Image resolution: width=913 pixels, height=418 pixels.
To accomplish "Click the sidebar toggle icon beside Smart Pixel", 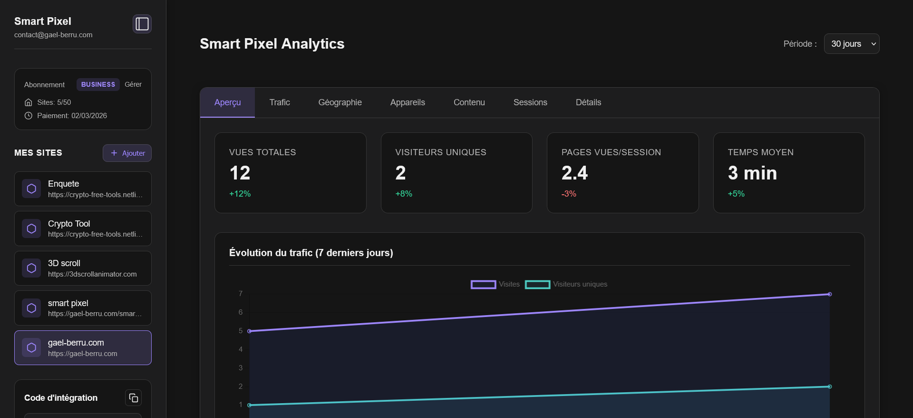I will pyautogui.click(x=142, y=24).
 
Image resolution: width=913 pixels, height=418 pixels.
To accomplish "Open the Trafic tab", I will pyautogui.click(x=280, y=103).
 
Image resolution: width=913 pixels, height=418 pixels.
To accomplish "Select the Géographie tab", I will pyautogui.click(x=340, y=103).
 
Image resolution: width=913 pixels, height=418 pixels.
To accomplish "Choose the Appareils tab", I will pyautogui.click(x=407, y=103).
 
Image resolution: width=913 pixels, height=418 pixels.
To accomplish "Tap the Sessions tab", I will pyautogui.click(x=530, y=103).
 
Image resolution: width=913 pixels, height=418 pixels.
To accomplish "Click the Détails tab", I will pyautogui.click(x=588, y=103).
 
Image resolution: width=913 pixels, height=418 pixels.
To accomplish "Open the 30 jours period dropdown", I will pyautogui.click(x=851, y=44).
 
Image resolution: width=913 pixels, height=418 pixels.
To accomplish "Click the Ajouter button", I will pyautogui.click(x=127, y=153).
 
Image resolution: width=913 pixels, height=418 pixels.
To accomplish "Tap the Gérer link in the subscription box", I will pyautogui.click(x=133, y=85).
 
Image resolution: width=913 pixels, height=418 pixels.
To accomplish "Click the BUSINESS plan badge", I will pyautogui.click(x=98, y=85).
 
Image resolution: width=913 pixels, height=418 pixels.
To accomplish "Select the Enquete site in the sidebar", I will pyautogui.click(x=83, y=189).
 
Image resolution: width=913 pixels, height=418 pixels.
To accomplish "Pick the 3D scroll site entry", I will pyautogui.click(x=83, y=268).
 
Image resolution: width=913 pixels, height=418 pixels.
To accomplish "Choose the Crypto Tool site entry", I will pyautogui.click(x=83, y=228).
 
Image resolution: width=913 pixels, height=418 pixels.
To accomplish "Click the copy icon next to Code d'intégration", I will pyautogui.click(x=134, y=398).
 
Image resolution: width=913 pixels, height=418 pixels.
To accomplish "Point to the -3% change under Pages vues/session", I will pyautogui.click(x=569, y=194).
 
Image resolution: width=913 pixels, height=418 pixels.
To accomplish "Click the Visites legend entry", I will pyautogui.click(x=495, y=284).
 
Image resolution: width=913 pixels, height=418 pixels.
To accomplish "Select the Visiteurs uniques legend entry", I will pyautogui.click(x=566, y=284).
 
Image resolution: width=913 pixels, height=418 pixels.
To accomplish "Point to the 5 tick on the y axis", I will pyautogui.click(x=241, y=331).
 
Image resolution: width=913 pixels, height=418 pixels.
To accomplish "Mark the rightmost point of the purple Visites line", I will pyautogui.click(x=829, y=294).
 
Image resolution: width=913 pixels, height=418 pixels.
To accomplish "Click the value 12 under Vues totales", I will pyautogui.click(x=240, y=173).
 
